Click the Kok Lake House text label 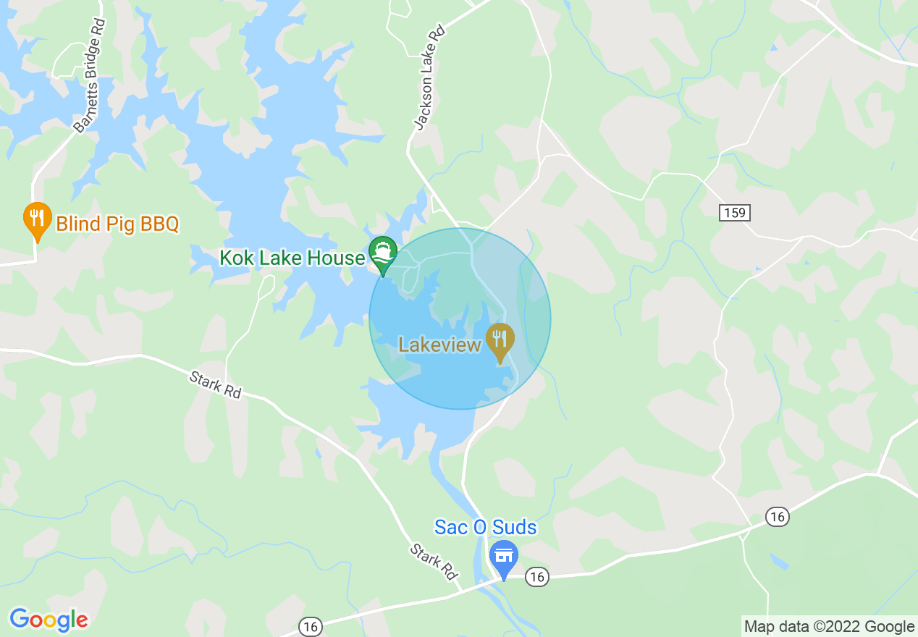point(292,258)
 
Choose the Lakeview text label point(440,344)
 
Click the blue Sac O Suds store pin point(504,557)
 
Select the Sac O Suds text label point(486,527)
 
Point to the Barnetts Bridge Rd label point(90,76)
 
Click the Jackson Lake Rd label point(429,79)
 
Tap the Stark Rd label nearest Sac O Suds point(434,562)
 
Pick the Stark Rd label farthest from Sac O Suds point(215,384)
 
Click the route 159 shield point(735,213)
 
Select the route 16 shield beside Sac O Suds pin point(536,576)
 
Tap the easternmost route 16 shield point(777,517)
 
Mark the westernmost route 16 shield point(311,627)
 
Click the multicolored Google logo point(49,620)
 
